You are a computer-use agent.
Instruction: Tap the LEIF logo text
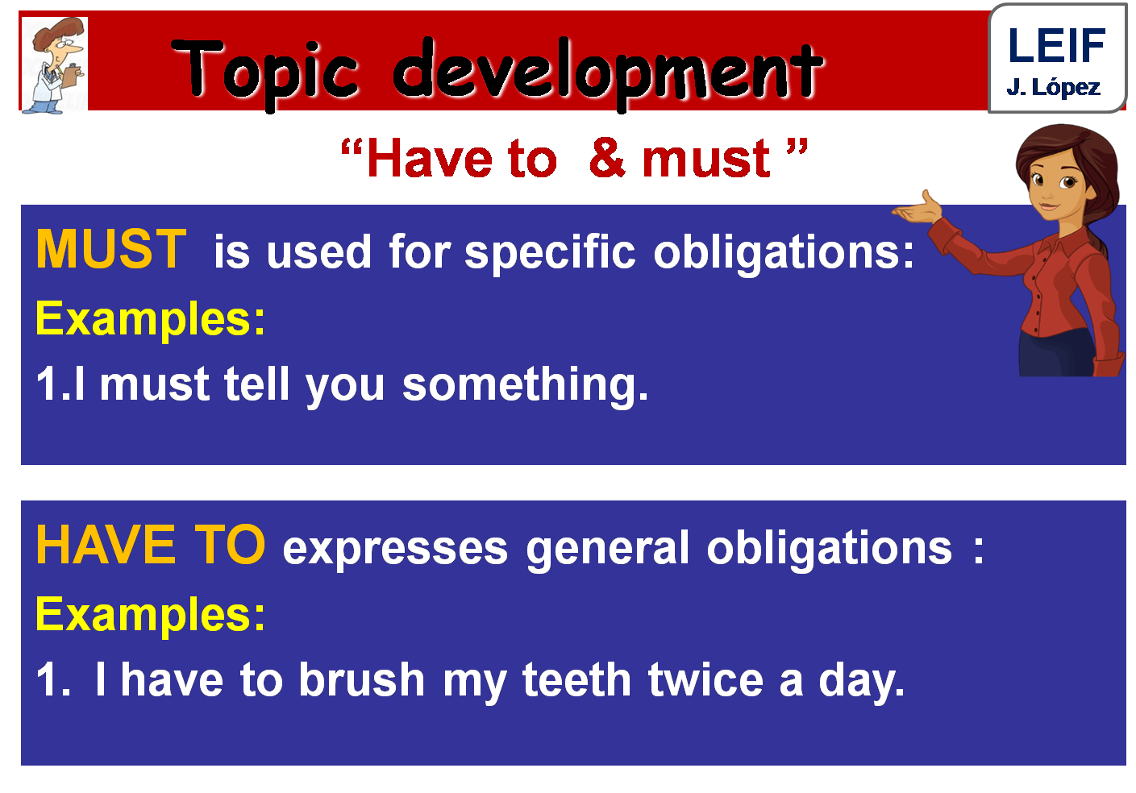[x=1056, y=46]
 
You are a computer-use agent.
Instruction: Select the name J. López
[x=1053, y=87]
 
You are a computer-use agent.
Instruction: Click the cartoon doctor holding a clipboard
[x=55, y=66]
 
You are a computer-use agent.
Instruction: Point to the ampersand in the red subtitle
[x=607, y=157]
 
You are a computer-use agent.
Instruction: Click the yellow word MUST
[x=111, y=249]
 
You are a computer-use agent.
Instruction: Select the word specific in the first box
[x=550, y=252]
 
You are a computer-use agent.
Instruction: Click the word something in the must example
[x=525, y=384]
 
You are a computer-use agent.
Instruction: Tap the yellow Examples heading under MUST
[x=150, y=319]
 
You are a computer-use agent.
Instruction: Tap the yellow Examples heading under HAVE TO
[x=150, y=615]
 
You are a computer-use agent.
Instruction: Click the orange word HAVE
[x=106, y=546]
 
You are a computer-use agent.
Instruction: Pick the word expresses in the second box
[x=395, y=549]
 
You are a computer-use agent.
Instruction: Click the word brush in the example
[x=361, y=680]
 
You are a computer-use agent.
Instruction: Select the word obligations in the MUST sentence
[x=784, y=252]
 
